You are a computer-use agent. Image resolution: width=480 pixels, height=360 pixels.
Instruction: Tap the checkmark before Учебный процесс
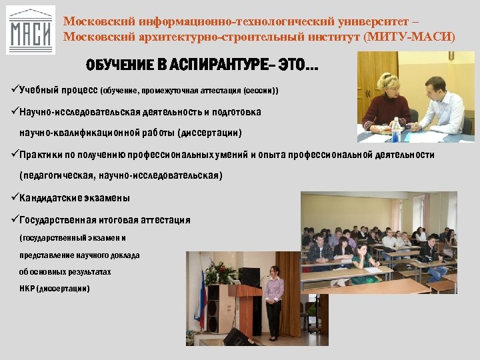click(15, 89)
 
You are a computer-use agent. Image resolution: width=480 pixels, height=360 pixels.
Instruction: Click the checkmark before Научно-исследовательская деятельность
click(15, 111)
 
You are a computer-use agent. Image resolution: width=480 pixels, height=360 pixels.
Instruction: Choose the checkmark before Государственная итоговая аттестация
click(15, 220)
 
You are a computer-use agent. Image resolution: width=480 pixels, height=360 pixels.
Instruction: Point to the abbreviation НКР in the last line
click(28, 289)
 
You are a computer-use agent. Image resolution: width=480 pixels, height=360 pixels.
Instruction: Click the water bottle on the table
click(396, 130)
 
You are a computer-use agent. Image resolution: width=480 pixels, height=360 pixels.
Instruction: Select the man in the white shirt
click(443, 100)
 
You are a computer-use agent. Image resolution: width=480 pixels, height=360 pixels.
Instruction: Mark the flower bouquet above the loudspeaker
click(222, 271)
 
